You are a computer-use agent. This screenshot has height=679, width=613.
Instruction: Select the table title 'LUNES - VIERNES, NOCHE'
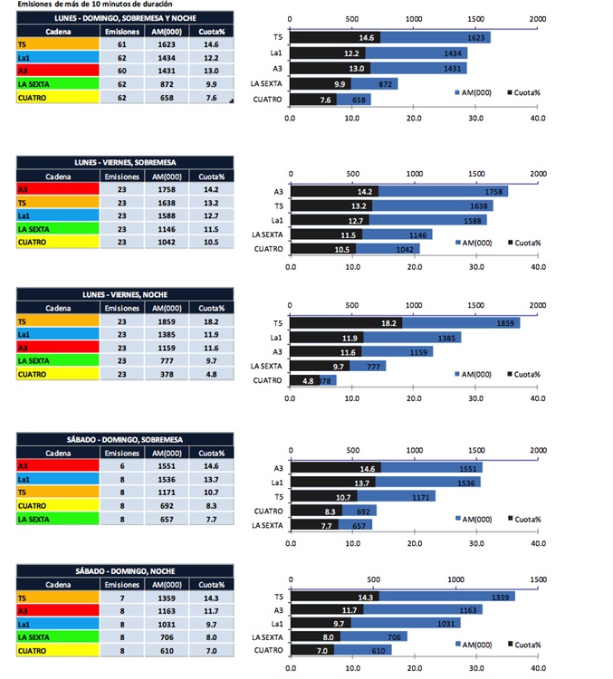point(124,295)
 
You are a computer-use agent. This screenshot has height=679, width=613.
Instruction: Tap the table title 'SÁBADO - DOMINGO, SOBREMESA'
point(124,439)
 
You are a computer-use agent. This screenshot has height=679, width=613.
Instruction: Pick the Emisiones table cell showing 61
point(121,43)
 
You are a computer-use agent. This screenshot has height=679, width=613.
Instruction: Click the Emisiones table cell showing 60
point(121,70)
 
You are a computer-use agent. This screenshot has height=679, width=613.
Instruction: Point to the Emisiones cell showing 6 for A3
point(121,466)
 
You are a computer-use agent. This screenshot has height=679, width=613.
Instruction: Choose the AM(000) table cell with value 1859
point(170,321)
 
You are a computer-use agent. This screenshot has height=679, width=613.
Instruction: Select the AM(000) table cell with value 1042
point(170,243)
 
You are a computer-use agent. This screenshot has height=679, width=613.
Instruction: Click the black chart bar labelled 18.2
point(345,322)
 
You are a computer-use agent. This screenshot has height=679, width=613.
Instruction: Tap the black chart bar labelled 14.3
point(333,597)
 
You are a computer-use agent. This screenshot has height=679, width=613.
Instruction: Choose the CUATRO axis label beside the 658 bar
point(267,100)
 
